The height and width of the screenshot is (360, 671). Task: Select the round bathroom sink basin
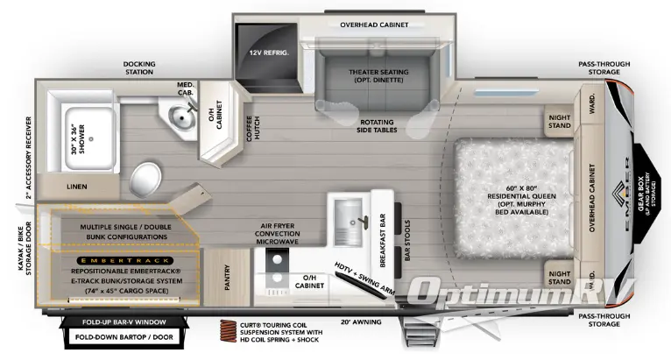[x=180, y=114]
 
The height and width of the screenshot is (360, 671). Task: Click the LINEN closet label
[x=76, y=187]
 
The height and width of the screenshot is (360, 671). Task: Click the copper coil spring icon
[x=229, y=331]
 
